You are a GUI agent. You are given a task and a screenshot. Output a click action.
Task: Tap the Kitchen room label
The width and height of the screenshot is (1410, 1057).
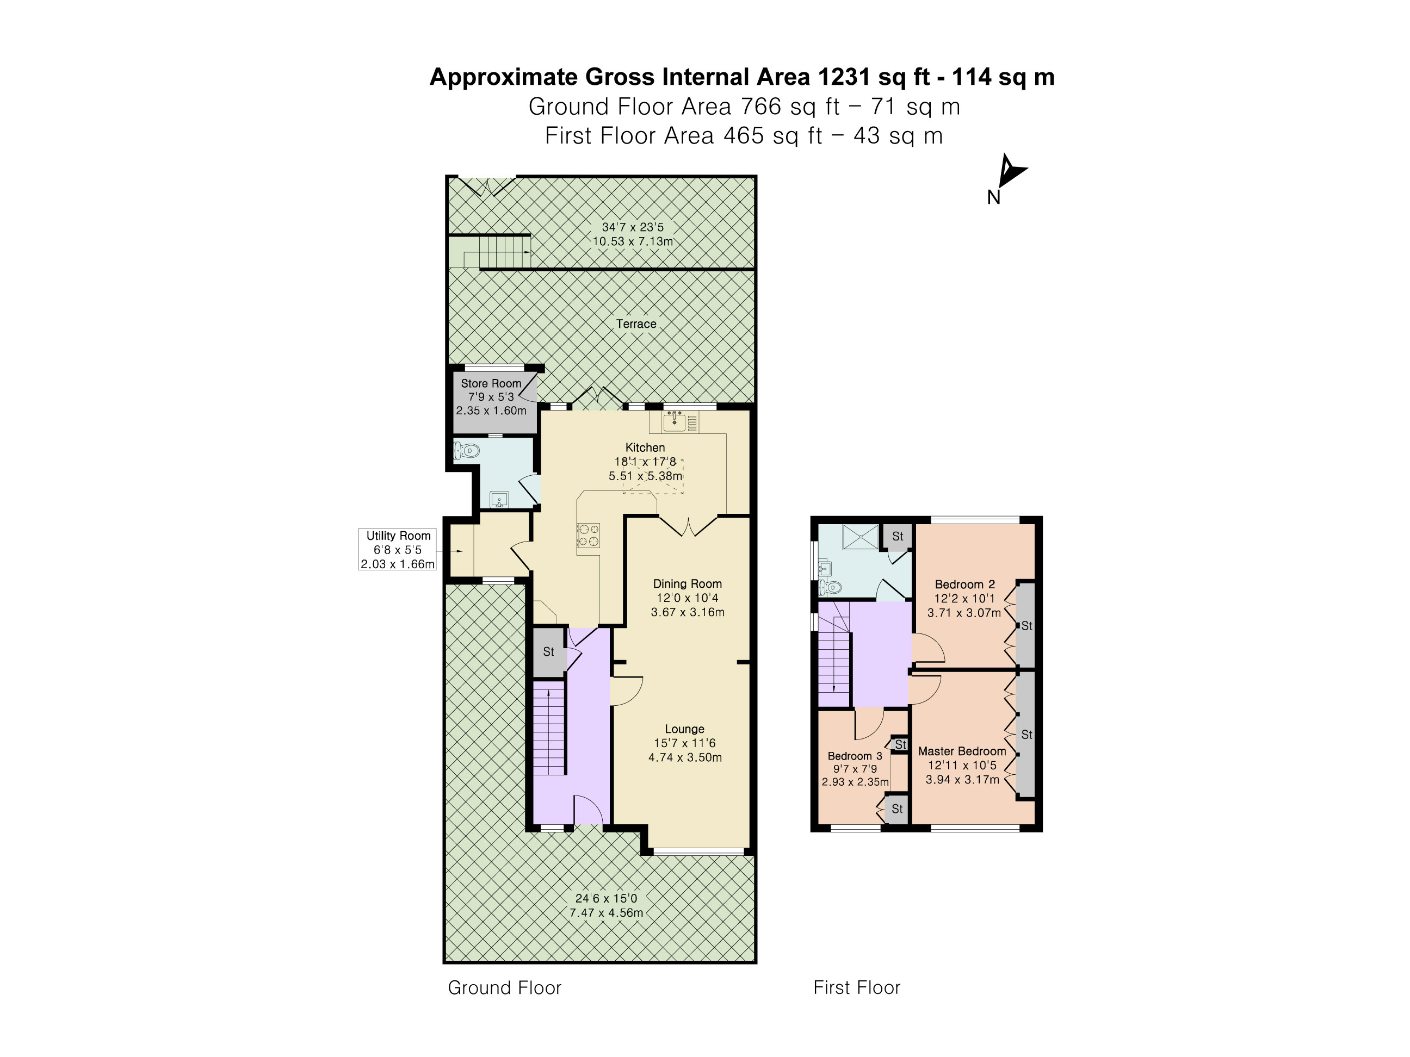coord(645,447)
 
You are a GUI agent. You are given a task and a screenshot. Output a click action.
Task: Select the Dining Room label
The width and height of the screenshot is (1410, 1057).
coord(687,583)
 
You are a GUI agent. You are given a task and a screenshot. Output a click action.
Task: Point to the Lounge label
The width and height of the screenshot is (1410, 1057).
coord(685,729)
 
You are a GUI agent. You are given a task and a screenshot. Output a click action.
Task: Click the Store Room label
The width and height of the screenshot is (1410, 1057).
coord(491,383)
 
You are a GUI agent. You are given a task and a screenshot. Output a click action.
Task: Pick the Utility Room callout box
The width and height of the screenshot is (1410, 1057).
coord(398,549)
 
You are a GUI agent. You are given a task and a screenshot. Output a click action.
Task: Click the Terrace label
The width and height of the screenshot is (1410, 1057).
coord(636,324)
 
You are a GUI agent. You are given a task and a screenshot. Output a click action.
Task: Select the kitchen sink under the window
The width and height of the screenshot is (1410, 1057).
coord(674,421)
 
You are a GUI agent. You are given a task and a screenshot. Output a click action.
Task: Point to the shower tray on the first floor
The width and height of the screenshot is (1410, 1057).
coord(860,537)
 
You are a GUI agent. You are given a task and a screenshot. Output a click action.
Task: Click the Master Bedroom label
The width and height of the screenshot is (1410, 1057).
coord(962,751)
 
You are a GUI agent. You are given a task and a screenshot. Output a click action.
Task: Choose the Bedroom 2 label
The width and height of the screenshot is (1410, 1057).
coord(964,585)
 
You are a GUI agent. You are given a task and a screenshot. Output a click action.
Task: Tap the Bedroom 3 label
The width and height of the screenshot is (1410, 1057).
coord(855,756)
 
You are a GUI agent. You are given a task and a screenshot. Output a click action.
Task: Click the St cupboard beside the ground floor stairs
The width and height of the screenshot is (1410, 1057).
coord(549,652)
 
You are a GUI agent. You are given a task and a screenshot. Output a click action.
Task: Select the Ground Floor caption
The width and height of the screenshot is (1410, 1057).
coord(505,987)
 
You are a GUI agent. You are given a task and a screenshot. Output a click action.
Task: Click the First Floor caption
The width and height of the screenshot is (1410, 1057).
coord(857,987)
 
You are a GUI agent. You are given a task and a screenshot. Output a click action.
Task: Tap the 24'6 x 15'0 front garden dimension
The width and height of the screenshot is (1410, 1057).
coord(606,898)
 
